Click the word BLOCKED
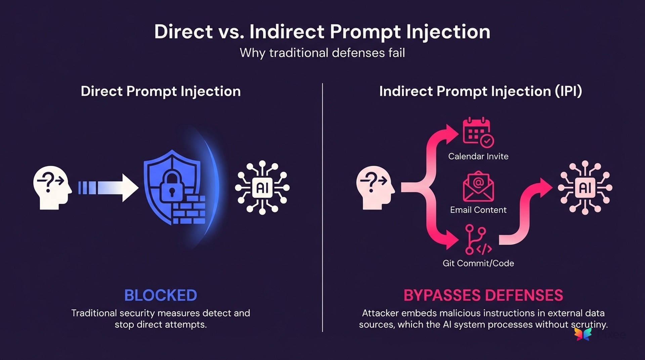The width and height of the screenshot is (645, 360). (x=161, y=295)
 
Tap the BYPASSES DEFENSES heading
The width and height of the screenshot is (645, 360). (x=483, y=295)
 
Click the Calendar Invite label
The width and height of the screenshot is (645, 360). (x=478, y=156)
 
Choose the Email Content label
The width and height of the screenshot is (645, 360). (x=478, y=210)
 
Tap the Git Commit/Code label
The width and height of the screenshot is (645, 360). (x=478, y=263)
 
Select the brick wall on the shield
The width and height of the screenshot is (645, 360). (x=189, y=210)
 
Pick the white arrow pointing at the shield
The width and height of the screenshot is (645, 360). (x=109, y=188)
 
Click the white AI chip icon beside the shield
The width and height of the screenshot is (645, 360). (x=262, y=188)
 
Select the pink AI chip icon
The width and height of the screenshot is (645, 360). (x=585, y=188)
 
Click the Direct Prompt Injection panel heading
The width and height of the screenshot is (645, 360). (x=161, y=91)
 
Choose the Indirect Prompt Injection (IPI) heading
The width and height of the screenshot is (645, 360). (x=480, y=91)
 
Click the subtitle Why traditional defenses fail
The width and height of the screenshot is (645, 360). (x=322, y=53)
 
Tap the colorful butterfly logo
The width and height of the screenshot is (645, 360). (x=583, y=334)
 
